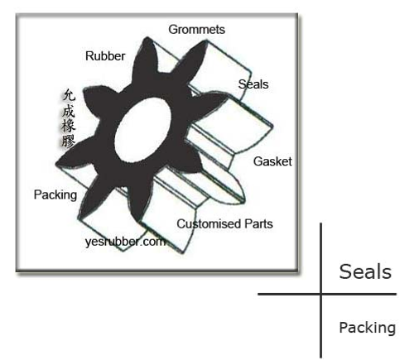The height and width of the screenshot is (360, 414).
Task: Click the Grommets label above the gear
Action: coord(196,30)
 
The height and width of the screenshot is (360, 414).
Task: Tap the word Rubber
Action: coord(105,56)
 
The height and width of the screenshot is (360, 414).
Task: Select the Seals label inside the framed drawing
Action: coord(253,84)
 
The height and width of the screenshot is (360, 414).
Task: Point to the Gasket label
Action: coord(272,161)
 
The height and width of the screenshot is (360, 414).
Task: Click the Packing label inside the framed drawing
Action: coord(55,195)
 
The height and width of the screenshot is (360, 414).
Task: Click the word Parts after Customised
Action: coord(258,223)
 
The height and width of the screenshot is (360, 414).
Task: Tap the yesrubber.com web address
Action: coord(126,242)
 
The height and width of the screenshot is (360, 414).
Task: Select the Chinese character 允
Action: coord(69,95)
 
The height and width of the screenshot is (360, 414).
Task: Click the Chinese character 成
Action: coord(69,111)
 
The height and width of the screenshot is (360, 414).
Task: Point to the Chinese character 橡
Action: coord(69,125)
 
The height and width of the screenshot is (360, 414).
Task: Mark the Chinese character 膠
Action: coord(69,140)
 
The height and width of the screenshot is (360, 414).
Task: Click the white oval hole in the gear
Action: coord(142,130)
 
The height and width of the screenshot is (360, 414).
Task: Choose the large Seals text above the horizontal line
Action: coord(365,271)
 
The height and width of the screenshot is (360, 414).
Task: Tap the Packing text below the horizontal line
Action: coord(368,328)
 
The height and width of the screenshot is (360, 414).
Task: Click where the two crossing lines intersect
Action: coord(320,295)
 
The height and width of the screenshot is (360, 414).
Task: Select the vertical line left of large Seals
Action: coord(320,290)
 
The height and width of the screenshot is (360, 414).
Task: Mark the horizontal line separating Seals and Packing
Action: coord(327,295)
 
